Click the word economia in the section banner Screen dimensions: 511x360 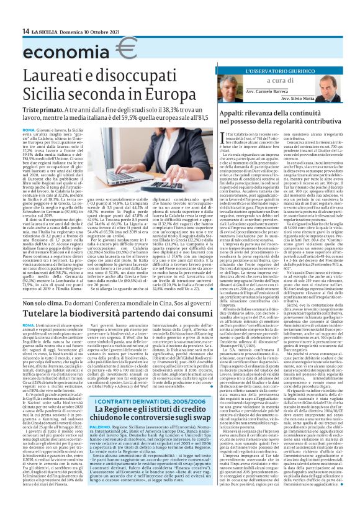[x=59, y=49]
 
